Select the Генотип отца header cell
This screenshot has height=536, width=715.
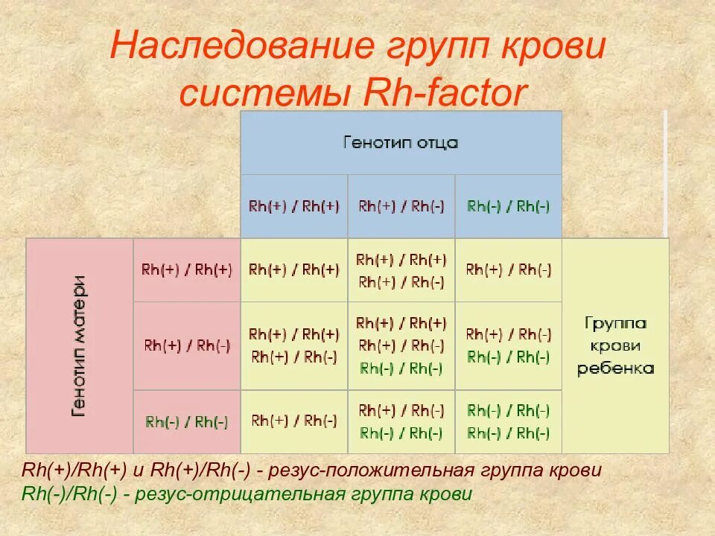coord(400,142)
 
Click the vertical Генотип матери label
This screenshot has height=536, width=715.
coord(79,345)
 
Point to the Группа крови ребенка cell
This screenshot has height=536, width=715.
coord(615,345)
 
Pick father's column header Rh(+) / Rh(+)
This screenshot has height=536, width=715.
coord(293,206)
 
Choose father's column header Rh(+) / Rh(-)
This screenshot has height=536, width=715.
coord(401,206)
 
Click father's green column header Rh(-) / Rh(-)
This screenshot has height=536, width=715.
coord(508,206)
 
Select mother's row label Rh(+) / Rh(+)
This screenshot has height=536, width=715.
coord(186,269)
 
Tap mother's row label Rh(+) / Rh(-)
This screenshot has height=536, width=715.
coord(186,345)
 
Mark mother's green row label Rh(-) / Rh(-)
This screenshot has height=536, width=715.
coord(186,421)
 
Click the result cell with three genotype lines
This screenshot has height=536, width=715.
coord(401,345)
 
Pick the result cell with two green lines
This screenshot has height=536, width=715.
coord(508,421)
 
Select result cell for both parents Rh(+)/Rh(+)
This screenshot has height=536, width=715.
coord(293,269)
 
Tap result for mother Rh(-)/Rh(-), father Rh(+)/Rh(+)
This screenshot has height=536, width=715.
coord(293,421)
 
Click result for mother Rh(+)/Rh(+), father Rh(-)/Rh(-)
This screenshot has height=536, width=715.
coord(508,269)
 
